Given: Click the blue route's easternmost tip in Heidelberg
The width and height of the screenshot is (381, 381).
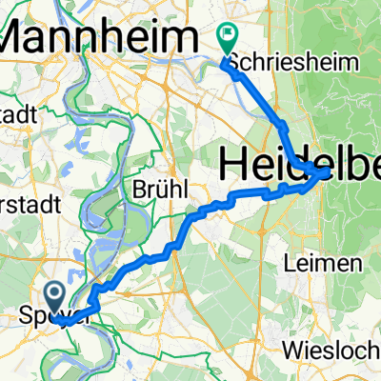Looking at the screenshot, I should click(x=329, y=171).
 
